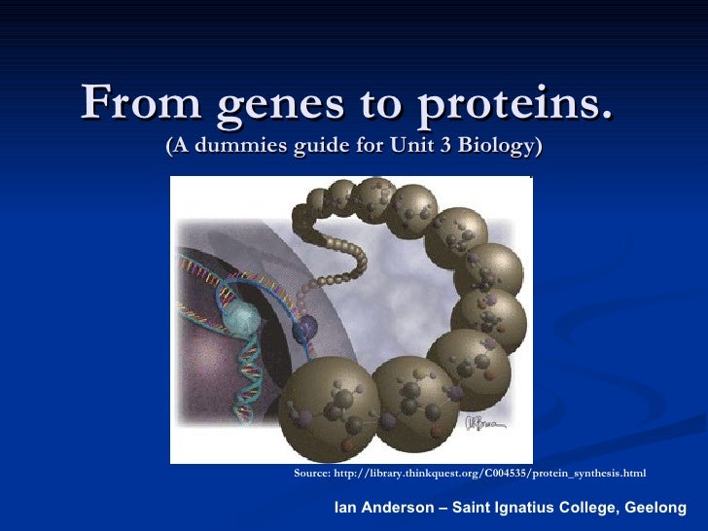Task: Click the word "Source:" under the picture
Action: (x=312, y=474)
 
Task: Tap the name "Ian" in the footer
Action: (x=346, y=508)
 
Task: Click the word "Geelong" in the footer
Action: (x=655, y=508)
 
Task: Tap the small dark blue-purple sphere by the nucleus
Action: (x=305, y=328)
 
